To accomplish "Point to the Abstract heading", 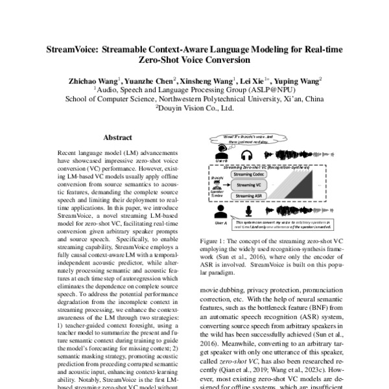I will (117, 137).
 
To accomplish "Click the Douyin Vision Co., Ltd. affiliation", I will (194, 109).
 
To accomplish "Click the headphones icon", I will (246, 156).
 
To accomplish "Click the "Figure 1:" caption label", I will (213, 239).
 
